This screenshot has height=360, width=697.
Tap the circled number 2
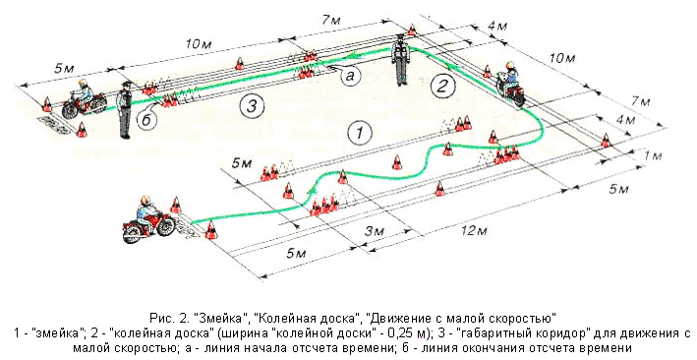pos(441,86)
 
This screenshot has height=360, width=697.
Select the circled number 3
pos(252,106)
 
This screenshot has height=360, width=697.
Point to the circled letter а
pos(350,77)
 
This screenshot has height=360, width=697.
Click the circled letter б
pos(146,120)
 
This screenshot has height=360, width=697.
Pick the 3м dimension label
pos(375,232)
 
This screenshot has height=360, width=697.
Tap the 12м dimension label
pos(474,230)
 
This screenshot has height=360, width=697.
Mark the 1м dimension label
pos(652,155)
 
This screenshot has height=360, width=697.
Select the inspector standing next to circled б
pos(125,109)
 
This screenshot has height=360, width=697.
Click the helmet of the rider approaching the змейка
pos(145,201)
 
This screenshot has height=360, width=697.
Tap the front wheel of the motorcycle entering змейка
pos(165,225)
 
